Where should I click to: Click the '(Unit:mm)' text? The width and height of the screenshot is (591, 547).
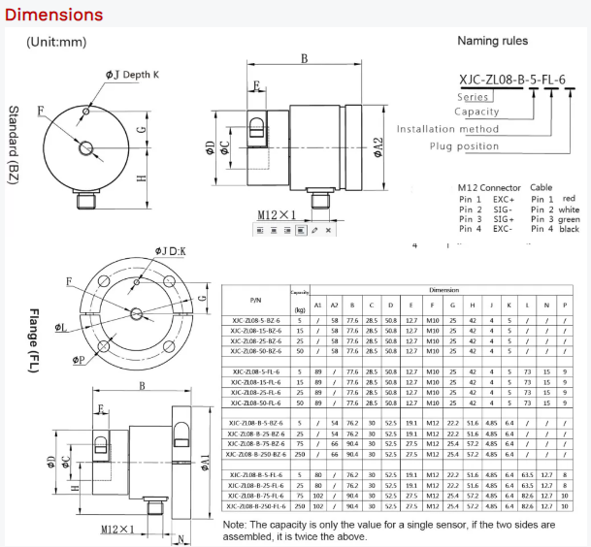(56, 42)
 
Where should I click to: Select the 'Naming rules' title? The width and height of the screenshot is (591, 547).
(493, 41)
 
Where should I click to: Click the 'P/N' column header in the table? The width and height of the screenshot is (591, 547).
(256, 301)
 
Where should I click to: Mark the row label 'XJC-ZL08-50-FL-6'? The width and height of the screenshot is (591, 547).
(256, 402)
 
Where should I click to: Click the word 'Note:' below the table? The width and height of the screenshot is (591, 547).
(238, 524)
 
